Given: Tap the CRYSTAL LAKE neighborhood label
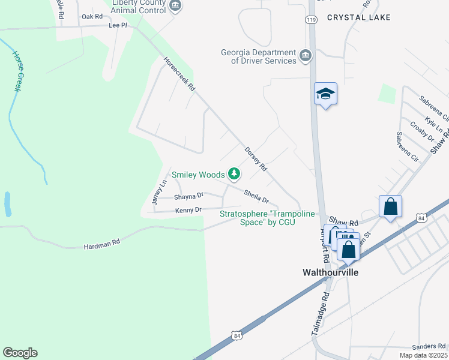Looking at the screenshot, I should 359,17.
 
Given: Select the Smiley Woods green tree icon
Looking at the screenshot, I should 234,175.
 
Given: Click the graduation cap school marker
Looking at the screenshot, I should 325,94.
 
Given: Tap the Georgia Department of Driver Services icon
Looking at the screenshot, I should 306,56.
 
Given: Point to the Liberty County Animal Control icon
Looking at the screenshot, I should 175,6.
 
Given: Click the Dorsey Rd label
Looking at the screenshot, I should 255,159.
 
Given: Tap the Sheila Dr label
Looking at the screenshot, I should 256,196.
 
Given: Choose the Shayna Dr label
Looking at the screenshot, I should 189,196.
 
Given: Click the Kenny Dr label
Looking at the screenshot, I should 188,210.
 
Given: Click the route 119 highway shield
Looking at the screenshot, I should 310,20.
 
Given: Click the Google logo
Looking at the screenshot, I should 20,353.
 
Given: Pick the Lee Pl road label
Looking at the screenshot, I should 118,26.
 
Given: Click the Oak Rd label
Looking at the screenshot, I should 92,16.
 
